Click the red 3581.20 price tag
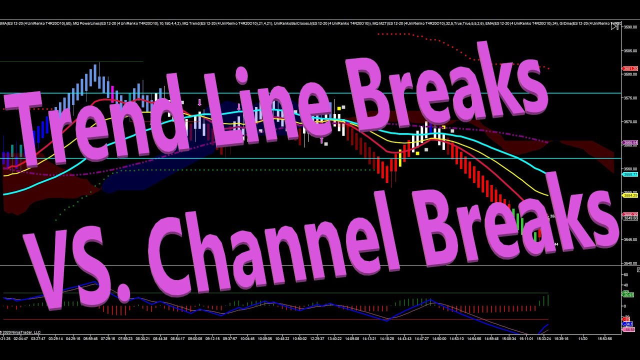pos(629,68)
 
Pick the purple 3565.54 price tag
pos(629,143)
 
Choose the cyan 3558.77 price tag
pos(629,174)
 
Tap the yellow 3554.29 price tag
pos(629,195)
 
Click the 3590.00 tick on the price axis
pos(630,27)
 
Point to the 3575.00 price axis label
pos(630,98)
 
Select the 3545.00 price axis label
pos(630,240)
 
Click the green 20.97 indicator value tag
pos(628,294)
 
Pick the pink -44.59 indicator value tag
pos(628,329)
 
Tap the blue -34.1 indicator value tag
pos(628,324)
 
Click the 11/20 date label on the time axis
pos(582,338)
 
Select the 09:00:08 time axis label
pos(195,338)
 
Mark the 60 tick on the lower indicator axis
pos(625,275)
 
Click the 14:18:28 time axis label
pos(386,338)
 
